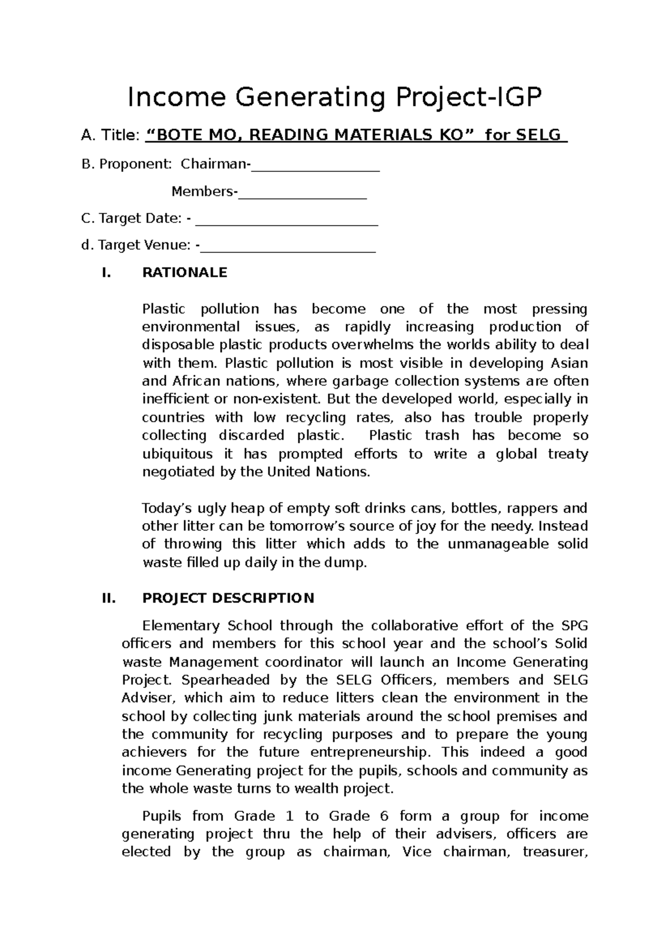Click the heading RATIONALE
coord(185,272)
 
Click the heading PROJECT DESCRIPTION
coord(228,599)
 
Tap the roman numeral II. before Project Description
coord(108,599)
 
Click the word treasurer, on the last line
coord(555,853)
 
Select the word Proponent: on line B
coord(136,164)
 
